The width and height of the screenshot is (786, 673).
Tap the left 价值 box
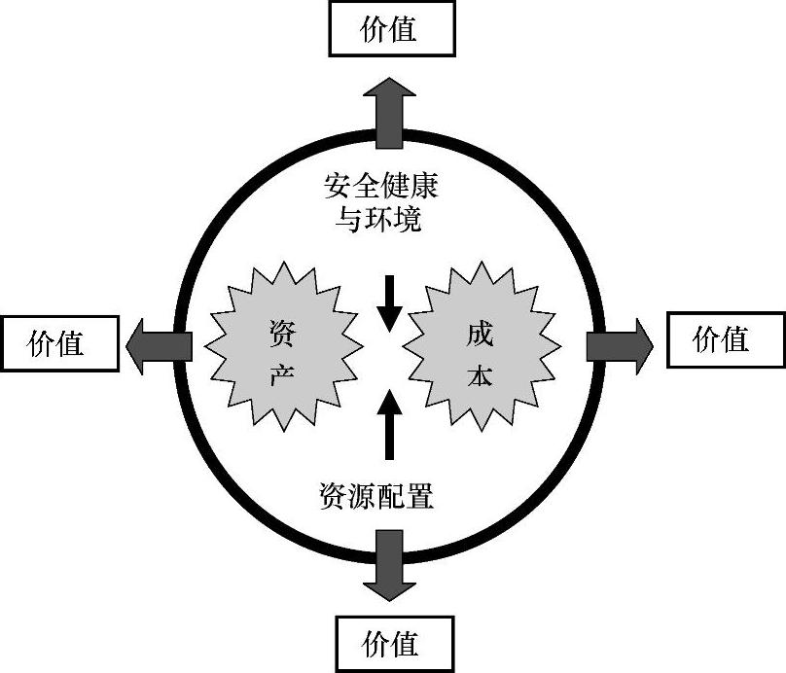[57, 342]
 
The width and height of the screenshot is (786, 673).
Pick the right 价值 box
[726, 339]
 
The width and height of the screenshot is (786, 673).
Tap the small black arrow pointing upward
[389, 423]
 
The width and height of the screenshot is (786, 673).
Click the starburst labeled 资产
[281, 349]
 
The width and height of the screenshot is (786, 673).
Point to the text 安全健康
[381, 183]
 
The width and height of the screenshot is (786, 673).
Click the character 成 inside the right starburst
[481, 334]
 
